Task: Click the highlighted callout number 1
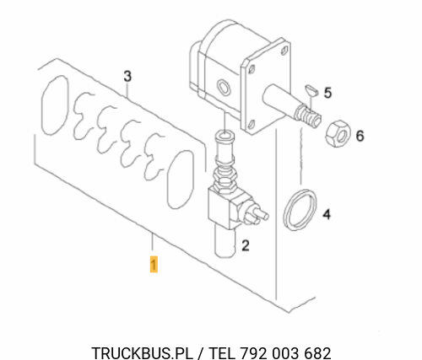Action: pos(154,264)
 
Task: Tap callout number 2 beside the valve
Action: pos(246,245)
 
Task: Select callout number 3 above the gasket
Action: pos(127,76)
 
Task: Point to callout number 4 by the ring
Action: pos(327,214)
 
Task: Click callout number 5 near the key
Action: pos(327,93)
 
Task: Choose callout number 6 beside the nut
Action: pos(360,136)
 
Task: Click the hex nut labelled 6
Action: pos(338,134)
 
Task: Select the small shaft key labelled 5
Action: pos(311,90)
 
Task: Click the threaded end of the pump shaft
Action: pos(307,116)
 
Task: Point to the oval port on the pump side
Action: pos(224,86)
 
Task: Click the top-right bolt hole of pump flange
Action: pos(284,51)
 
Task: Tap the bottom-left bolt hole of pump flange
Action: pos(252,124)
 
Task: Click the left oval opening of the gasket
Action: pos(55,105)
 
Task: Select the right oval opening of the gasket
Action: pos(181,180)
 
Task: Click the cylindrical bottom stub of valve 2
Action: pos(225,241)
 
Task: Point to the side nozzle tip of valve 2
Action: pos(265,216)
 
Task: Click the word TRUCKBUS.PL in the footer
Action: pos(143,353)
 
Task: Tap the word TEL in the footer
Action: pos(222,353)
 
